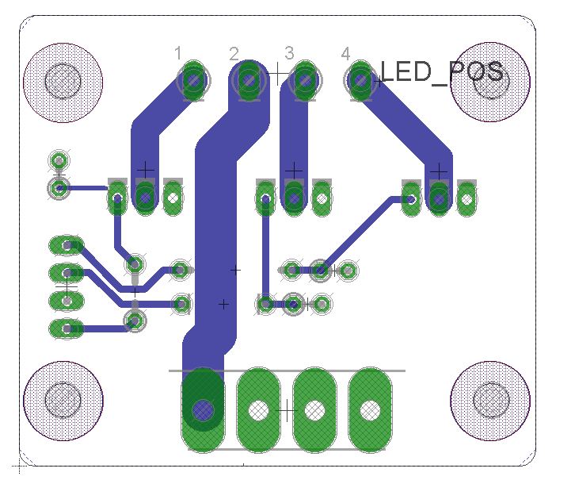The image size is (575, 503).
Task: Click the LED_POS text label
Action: pos(442,72)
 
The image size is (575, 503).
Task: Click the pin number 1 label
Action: pos(178,53)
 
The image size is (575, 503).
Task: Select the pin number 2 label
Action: pos(234,53)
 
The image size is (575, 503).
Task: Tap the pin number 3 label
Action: pos(289,53)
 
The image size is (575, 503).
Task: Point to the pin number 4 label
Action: pos(345,53)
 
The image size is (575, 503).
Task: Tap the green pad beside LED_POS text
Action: pos(361,80)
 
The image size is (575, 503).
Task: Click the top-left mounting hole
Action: pos(63,80)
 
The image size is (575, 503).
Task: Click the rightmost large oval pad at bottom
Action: pos(370,409)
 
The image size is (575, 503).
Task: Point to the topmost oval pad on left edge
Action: pos(66,245)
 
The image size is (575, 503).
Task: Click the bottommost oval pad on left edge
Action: pos(66,328)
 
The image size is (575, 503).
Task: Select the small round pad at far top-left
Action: pos(59,162)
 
